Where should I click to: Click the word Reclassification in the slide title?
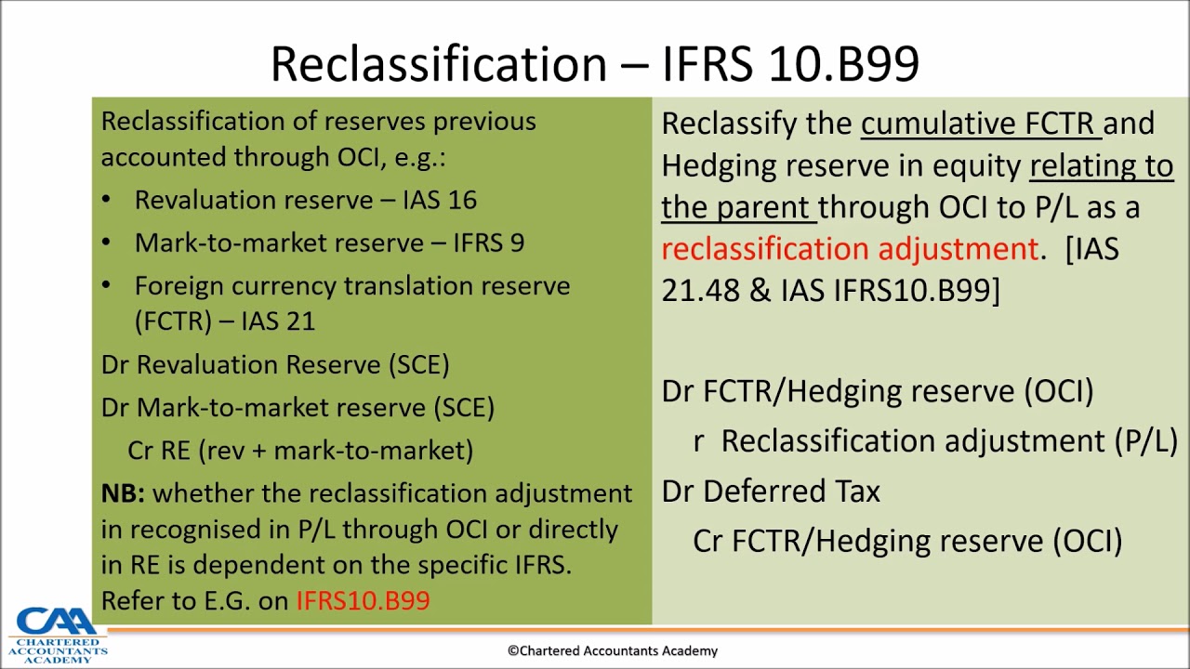(x=438, y=64)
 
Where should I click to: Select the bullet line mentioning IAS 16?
(x=305, y=200)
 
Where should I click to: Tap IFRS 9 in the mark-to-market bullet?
(x=488, y=243)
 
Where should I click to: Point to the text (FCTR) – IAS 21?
(x=225, y=321)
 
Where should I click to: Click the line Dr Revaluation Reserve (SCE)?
(x=275, y=364)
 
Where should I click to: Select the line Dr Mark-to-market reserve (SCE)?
(x=297, y=407)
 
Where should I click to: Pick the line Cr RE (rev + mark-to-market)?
(x=300, y=450)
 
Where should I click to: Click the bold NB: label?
(x=123, y=493)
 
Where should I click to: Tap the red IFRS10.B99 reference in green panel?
(x=363, y=600)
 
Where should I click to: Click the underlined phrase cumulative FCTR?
(x=980, y=124)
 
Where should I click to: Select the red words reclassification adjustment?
(x=849, y=249)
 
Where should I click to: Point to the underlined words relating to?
(x=1101, y=165)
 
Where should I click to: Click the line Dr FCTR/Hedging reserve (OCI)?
(x=877, y=391)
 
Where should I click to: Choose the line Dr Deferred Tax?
(x=771, y=492)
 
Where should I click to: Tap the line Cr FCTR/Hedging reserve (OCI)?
(x=907, y=541)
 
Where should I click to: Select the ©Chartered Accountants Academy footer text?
(x=612, y=651)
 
